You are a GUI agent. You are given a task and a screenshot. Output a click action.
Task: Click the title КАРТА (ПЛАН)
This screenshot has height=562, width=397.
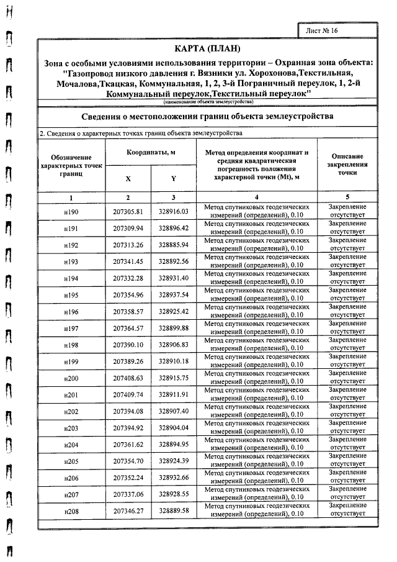tap(207, 49)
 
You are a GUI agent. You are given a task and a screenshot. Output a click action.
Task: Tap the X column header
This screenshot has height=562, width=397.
tap(128, 178)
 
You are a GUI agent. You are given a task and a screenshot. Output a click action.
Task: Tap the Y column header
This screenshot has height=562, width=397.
tap(174, 178)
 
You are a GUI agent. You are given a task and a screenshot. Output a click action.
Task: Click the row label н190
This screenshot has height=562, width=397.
tap(71, 212)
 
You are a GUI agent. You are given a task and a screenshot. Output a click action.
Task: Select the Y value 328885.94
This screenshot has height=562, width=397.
tap(174, 245)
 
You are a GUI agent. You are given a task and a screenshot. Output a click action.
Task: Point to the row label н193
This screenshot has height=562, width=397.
tap(71, 261)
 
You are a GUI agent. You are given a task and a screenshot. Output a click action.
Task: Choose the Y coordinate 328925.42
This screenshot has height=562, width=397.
tap(174, 311)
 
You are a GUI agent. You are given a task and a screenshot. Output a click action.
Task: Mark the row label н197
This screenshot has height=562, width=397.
tap(71, 328)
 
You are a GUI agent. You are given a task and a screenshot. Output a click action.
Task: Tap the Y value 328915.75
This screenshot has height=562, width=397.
tap(174, 378)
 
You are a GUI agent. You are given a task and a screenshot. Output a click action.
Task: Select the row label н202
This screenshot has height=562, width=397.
tap(71, 411)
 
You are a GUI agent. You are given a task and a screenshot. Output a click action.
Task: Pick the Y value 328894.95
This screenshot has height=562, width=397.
tap(174, 444)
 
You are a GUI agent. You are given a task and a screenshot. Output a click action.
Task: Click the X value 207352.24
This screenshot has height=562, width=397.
tap(128, 478)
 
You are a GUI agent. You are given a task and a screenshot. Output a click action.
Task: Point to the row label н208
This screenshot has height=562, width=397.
tap(71, 511)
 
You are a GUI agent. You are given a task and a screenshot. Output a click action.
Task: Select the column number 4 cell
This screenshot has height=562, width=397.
tap(256, 197)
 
